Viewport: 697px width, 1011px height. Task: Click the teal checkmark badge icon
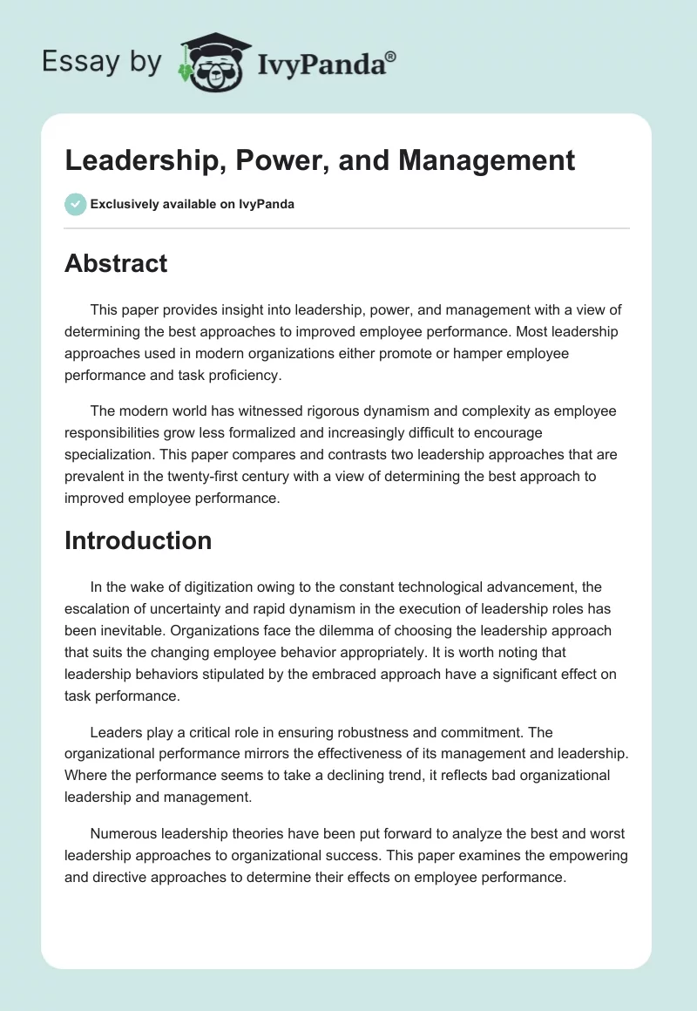(x=75, y=204)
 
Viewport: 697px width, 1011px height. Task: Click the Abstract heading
(x=116, y=263)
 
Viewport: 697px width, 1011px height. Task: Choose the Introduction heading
(x=138, y=540)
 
